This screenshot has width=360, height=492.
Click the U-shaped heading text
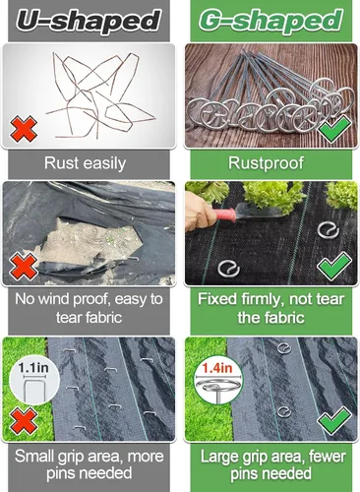pos(89,21)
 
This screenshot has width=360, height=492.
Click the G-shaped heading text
pos(270,21)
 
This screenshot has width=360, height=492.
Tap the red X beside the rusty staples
pos(24,129)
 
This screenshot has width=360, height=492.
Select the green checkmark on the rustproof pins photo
pos(335,129)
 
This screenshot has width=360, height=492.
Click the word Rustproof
pos(266,163)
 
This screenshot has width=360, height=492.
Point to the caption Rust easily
pos(85,163)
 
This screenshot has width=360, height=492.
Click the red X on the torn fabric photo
pos(24,266)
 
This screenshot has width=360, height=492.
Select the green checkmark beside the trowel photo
pos(334,266)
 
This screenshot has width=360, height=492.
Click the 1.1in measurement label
pos(33,367)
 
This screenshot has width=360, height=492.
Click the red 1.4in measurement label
pos(217,368)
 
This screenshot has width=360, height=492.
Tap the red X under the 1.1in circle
pos(24,421)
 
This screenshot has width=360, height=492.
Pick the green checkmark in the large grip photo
pos(334,420)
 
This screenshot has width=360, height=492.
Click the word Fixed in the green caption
pos(217,299)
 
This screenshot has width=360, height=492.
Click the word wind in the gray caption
pos(54,299)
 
